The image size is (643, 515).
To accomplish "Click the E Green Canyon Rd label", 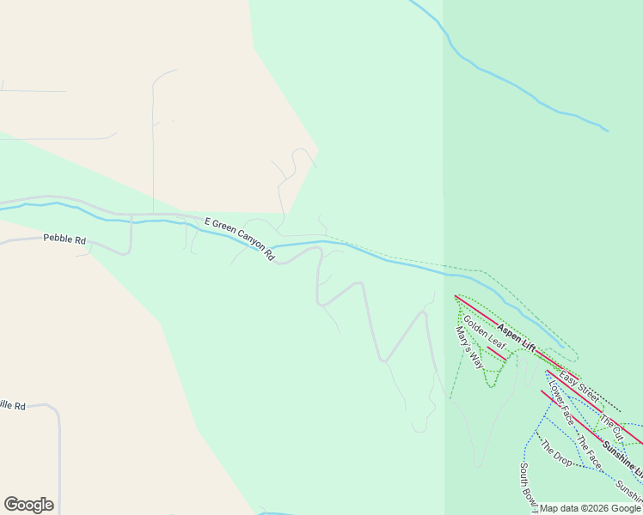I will coord(239,238).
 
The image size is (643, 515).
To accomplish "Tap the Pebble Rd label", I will coord(64,239).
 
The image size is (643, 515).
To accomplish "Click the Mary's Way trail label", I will coord(468,347).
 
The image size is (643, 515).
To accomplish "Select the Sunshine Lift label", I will coord(622,457).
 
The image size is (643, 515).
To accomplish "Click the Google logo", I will coord(28,505).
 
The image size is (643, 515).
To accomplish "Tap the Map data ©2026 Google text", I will coord(590,508).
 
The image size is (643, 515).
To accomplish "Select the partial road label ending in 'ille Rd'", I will coord(12,405).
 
